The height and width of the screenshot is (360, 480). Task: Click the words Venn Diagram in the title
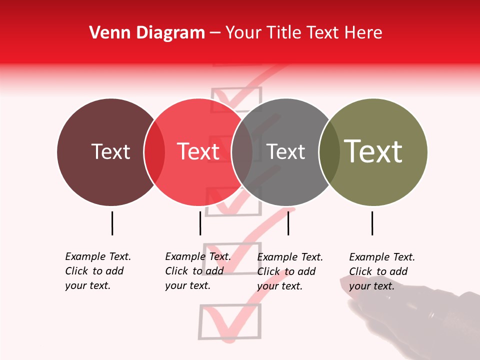(x=147, y=33)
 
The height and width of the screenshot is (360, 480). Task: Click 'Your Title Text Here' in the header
(x=303, y=33)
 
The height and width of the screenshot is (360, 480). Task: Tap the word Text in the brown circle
(x=110, y=151)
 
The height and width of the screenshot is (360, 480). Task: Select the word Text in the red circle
(x=198, y=151)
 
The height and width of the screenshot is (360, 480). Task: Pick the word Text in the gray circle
(x=285, y=151)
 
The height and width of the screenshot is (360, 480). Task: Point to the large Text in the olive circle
(x=373, y=151)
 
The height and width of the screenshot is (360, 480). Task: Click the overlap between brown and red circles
(x=154, y=152)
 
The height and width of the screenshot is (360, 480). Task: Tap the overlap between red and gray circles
(x=242, y=152)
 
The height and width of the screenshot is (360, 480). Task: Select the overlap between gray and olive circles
(x=329, y=152)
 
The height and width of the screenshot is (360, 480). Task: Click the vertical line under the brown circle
(x=112, y=223)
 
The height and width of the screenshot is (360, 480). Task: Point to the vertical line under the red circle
(x=200, y=223)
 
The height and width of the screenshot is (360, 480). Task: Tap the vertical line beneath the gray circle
(x=288, y=223)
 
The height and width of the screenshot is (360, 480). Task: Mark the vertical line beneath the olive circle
(x=372, y=223)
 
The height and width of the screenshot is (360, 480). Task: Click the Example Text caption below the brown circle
(x=98, y=271)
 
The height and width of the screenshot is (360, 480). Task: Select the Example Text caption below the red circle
(x=198, y=271)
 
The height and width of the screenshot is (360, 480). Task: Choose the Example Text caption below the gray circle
(x=290, y=271)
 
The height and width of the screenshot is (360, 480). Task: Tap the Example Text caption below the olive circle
(x=382, y=271)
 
